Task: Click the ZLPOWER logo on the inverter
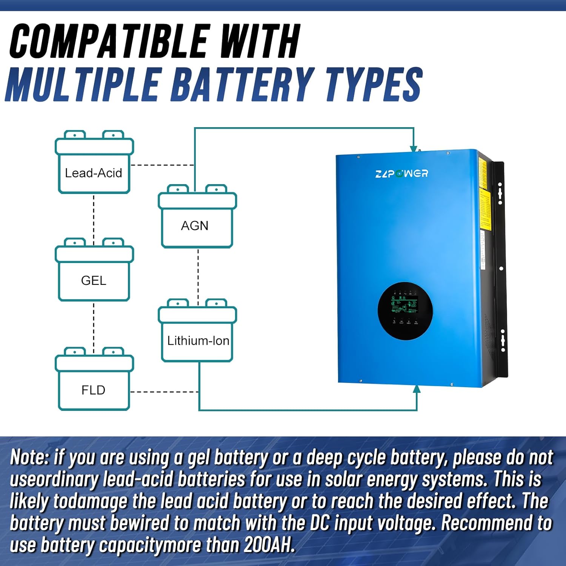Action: (x=401, y=174)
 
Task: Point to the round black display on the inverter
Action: (x=405, y=311)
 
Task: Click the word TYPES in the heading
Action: (x=374, y=85)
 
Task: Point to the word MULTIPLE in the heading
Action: (x=83, y=85)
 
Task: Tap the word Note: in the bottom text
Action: (x=29, y=457)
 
